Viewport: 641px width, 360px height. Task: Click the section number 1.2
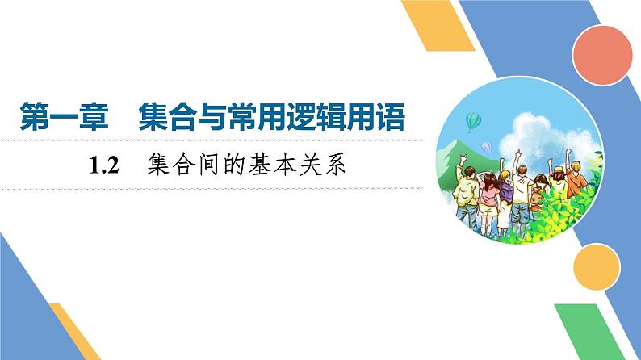[105, 167]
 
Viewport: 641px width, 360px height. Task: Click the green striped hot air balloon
[475, 122]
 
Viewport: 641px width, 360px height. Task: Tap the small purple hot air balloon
[486, 146]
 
